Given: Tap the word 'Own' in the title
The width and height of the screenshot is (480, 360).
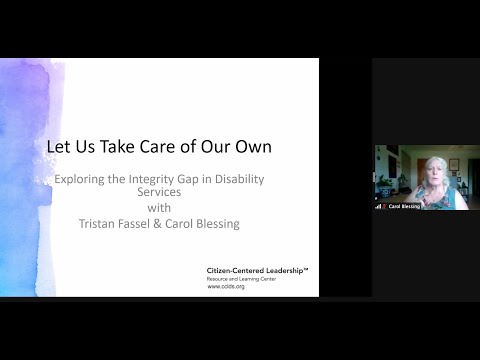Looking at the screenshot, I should pyautogui.click(x=253, y=147).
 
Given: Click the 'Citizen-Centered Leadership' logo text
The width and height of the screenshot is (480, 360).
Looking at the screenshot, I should pyautogui.click(x=255, y=270).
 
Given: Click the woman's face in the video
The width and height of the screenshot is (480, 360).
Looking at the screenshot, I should pyautogui.click(x=436, y=171).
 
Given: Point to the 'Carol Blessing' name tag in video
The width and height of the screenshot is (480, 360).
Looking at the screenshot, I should pyautogui.click(x=403, y=207).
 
